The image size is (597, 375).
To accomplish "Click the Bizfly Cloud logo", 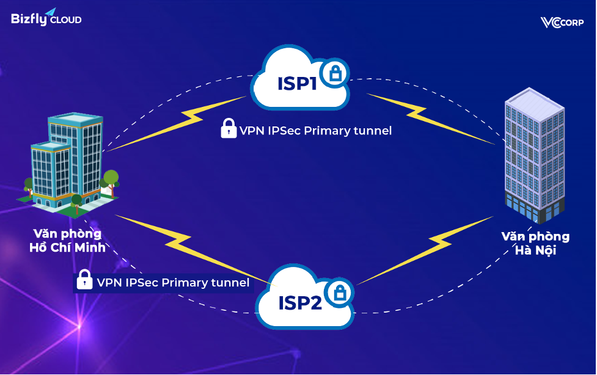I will pyautogui.click(x=46, y=18).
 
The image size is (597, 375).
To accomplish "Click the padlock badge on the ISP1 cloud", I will pyautogui.click(x=335, y=74).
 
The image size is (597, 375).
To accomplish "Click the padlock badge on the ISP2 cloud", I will pyautogui.click(x=339, y=294).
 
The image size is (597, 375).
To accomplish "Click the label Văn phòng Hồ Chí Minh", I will pyautogui.click(x=67, y=241).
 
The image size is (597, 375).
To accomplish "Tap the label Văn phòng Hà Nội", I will pyautogui.click(x=535, y=244).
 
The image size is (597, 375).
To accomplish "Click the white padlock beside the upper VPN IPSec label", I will pyautogui.click(x=229, y=129).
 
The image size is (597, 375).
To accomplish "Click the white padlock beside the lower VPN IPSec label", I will pyautogui.click(x=84, y=281).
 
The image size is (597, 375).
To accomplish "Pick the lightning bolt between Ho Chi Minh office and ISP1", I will pyautogui.click(x=177, y=125).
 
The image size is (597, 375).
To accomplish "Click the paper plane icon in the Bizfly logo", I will pyautogui.click(x=51, y=12).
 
